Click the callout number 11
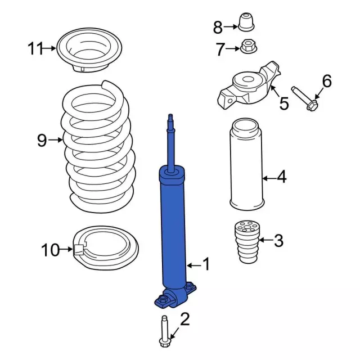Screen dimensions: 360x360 click(x=35, y=49)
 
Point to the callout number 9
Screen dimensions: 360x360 click(x=42, y=140)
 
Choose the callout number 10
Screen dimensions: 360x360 click(x=50, y=249)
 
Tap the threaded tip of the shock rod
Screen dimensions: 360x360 click(x=169, y=119)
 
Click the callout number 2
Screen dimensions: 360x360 click(x=184, y=320)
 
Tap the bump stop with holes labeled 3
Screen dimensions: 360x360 click(x=245, y=242)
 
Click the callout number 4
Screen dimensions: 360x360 click(x=281, y=178)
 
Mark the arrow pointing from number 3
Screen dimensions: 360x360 click(x=264, y=242)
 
